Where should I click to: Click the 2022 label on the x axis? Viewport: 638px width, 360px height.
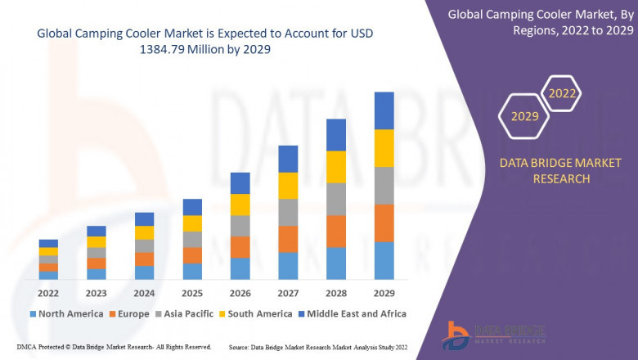click(48, 293)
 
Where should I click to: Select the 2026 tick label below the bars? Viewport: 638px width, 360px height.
click(240, 293)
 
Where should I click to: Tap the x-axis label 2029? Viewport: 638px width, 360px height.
click(384, 293)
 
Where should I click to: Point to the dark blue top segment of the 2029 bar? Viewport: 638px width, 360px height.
click(384, 110)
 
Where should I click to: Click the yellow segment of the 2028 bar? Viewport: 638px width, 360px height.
click(335, 167)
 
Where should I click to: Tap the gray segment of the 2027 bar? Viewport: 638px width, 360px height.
click(287, 212)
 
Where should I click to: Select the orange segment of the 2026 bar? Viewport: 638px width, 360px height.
click(240, 247)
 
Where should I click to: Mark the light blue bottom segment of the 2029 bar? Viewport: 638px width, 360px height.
click(384, 260)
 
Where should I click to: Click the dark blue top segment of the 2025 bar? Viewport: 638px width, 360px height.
click(192, 207)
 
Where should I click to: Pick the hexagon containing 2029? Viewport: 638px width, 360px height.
click(524, 117)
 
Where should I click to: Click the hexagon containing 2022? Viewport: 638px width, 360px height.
click(563, 93)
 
